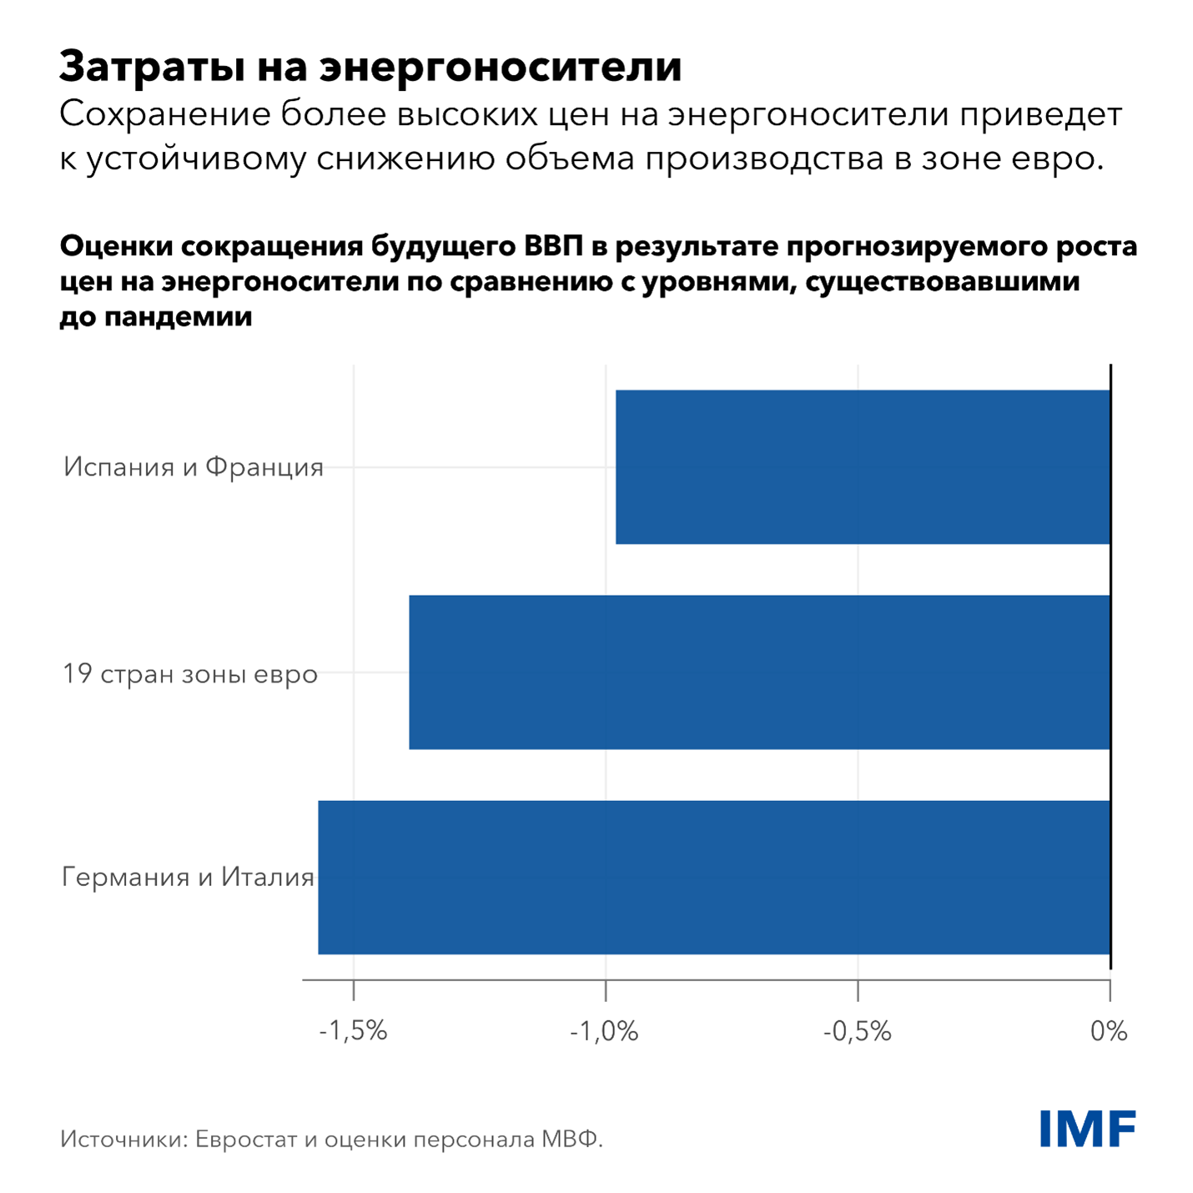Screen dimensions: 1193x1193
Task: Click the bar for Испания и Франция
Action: pyautogui.click(x=863, y=467)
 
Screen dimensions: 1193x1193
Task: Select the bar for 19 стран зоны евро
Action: pyautogui.click(x=759, y=672)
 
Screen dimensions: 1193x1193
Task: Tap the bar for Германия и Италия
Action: pyautogui.click(x=714, y=878)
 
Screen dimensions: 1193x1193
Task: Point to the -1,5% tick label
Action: pyautogui.click(x=354, y=1032)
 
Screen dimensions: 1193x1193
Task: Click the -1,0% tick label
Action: pyautogui.click(x=605, y=1032)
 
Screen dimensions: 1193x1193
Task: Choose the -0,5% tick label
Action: pyautogui.click(x=857, y=1032)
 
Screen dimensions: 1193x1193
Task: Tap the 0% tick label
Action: pyautogui.click(x=1109, y=1032)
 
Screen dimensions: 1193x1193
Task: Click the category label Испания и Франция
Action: pyautogui.click(x=194, y=467)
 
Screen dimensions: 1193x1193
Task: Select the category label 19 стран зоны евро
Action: pyautogui.click(x=190, y=673)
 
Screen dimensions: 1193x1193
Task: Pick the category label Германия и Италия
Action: pyautogui.click(x=189, y=878)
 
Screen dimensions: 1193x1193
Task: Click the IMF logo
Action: pyautogui.click(x=1088, y=1129)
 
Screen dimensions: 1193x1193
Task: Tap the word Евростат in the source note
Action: pyautogui.click(x=245, y=1140)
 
